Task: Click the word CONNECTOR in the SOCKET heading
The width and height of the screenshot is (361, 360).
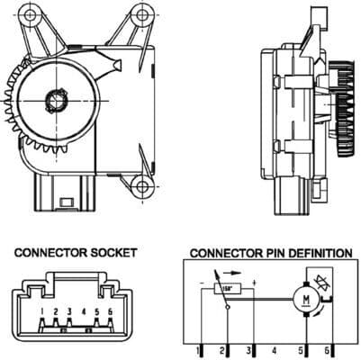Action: point(48,253)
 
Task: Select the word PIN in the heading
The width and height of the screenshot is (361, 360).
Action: point(273,253)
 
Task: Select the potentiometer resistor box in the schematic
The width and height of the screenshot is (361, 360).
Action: point(230,288)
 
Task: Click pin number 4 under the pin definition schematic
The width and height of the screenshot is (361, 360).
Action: point(274,348)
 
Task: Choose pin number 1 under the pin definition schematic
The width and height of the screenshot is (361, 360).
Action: point(197,348)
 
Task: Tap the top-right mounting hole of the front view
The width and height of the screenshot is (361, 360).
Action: point(140,15)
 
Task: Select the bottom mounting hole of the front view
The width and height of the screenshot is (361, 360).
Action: point(140,186)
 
